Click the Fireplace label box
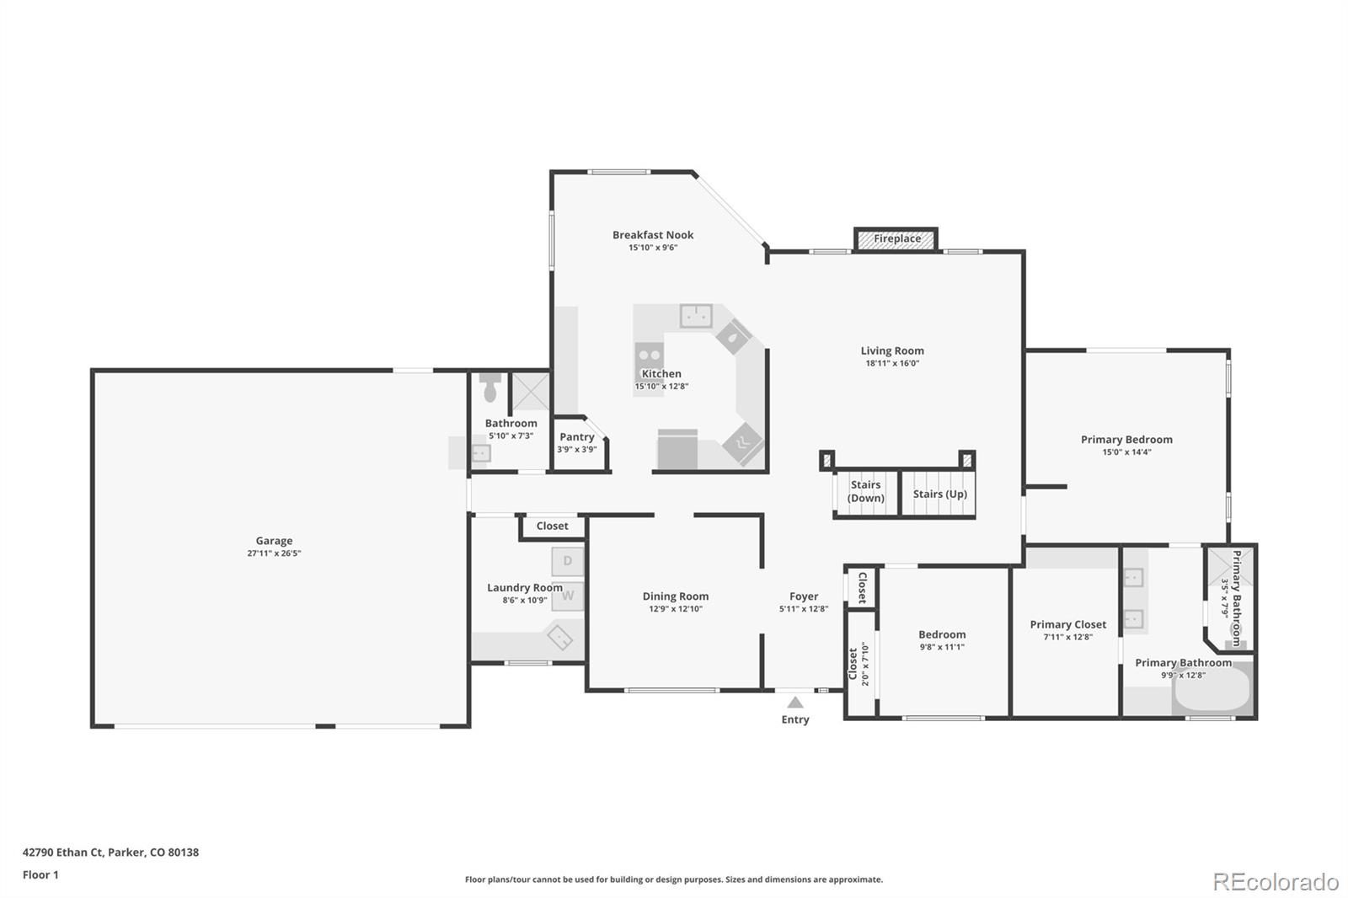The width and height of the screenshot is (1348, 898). (x=896, y=239)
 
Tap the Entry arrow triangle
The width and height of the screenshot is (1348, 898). (x=795, y=703)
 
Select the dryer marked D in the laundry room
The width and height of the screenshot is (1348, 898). (x=568, y=562)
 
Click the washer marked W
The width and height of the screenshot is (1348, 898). (x=568, y=596)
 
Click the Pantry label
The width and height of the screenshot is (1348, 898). (x=576, y=437)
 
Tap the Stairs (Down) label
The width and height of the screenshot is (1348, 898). (x=865, y=491)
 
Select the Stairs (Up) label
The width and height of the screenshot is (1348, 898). (x=939, y=494)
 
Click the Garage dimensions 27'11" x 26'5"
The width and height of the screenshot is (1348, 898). (x=274, y=553)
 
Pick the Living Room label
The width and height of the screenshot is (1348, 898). (x=892, y=351)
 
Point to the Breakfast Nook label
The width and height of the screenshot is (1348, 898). (x=653, y=235)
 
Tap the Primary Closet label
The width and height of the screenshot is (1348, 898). (x=1067, y=625)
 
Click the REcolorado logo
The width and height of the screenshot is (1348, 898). (x=1276, y=881)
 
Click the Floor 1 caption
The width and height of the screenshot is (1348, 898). (x=40, y=874)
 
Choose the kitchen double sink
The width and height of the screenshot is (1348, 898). (x=696, y=316)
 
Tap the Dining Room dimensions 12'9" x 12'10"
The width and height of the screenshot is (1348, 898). (x=675, y=608)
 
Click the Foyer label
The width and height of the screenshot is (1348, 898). (x=804, y=596)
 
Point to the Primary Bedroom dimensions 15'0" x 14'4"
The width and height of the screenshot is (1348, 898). (x=1126, y=452)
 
